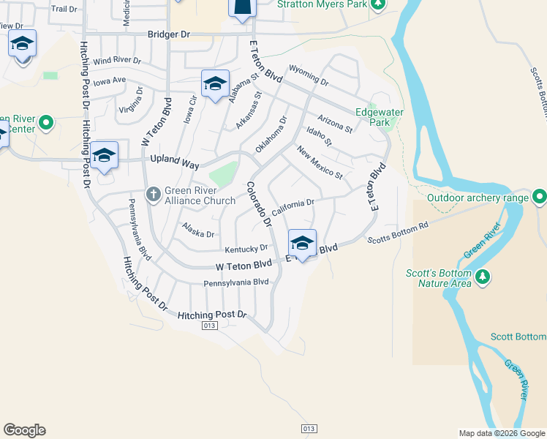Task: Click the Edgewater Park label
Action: coord(373,117)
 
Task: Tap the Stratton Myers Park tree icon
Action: coord(377,4)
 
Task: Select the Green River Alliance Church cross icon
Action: coord(153,195)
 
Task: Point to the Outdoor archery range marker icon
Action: coord(540,197)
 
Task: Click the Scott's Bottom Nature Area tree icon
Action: coord(482,277)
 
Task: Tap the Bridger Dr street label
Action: coord(168,34)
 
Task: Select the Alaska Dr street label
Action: coord(198,230)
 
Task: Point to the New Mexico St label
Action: coord(320,162)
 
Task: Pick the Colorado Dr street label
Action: coord(259,203)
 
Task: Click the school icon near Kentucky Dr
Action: coord(302,242)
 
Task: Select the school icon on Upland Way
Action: coord(105,155)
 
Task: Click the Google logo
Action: coord(24,430)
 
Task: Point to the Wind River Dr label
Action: coord(116,60)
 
